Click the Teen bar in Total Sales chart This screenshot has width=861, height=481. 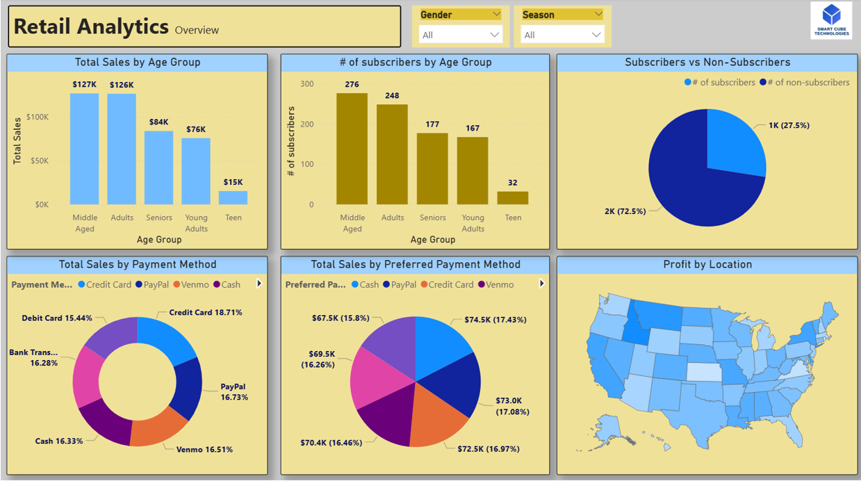[233, 197]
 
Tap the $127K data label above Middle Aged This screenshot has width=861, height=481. [84, 85]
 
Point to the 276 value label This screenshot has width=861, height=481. [352, 85]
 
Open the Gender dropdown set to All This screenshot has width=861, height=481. [461, 35]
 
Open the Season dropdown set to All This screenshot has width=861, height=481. [562, 35]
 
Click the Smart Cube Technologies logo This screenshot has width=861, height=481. [831, 20]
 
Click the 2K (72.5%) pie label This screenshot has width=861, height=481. [625, 211]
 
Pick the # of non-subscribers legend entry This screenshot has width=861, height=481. [805, 82]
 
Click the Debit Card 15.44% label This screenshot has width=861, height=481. [57, 318]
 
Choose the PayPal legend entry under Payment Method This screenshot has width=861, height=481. [154, 284]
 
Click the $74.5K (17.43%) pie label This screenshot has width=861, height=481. [495, 320]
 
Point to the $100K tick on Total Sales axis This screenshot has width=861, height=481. [38, 117]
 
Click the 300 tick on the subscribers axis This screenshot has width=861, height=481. [306, 84]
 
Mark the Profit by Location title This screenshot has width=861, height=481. [707, 265]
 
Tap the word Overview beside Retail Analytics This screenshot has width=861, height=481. [197, 30]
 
